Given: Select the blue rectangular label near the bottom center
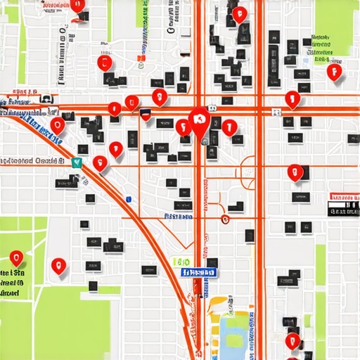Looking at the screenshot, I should click(199, 272).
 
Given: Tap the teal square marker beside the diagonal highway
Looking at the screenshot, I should click(77, 162).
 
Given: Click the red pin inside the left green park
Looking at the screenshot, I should click(16, 258).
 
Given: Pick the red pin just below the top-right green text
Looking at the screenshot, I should click(334, 71).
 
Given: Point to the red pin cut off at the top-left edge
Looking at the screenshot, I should click(78, 6).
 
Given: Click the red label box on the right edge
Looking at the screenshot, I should click(344, 198).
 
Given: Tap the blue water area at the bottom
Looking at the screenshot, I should click(235, 331).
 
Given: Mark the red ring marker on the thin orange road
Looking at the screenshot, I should click(225, 219).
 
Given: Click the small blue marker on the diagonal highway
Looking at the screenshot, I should click(128, 199).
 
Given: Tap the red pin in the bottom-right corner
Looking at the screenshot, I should click(292, 341).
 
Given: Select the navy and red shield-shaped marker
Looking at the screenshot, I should click(146, 115).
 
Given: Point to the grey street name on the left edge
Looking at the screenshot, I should click(32, 161).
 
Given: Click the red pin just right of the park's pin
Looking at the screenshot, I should click(58, 266).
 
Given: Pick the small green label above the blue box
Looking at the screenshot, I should click(181, 262).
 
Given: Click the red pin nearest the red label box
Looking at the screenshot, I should click(296, 172).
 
